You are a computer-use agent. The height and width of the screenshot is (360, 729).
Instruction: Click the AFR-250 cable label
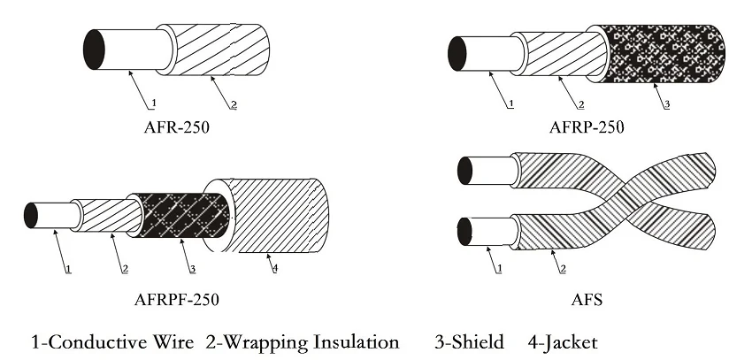pos(176,126)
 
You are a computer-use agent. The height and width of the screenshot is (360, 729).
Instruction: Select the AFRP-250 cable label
pos(586,126)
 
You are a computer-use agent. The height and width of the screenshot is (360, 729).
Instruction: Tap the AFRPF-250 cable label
pos(176,299)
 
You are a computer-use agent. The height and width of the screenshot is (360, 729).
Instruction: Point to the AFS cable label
pos(587,299)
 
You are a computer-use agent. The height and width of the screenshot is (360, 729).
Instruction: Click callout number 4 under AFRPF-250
pos(273,268)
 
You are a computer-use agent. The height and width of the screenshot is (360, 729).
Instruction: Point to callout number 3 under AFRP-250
pos(666,104)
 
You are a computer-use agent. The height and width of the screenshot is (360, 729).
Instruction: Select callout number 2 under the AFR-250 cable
pos(233,104)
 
